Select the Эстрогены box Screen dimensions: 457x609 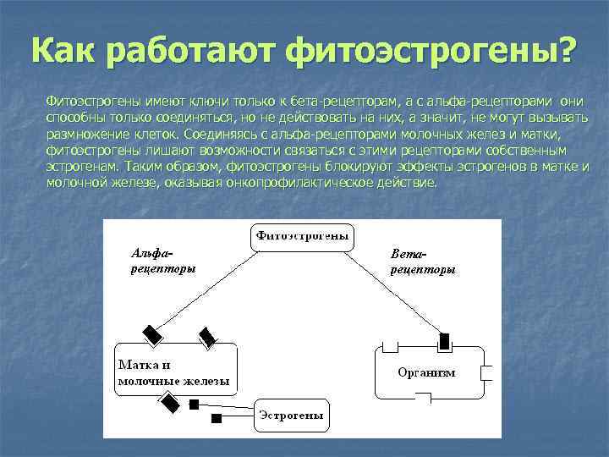291,416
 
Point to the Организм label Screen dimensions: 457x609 426,372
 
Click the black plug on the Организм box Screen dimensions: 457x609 444,342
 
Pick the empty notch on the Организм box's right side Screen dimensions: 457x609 486,372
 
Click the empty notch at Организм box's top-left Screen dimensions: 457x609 390,345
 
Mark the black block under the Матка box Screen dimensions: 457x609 171,404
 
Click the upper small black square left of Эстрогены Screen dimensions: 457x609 195,405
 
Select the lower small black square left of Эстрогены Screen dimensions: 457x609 217,418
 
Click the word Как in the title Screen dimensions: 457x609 61,51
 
